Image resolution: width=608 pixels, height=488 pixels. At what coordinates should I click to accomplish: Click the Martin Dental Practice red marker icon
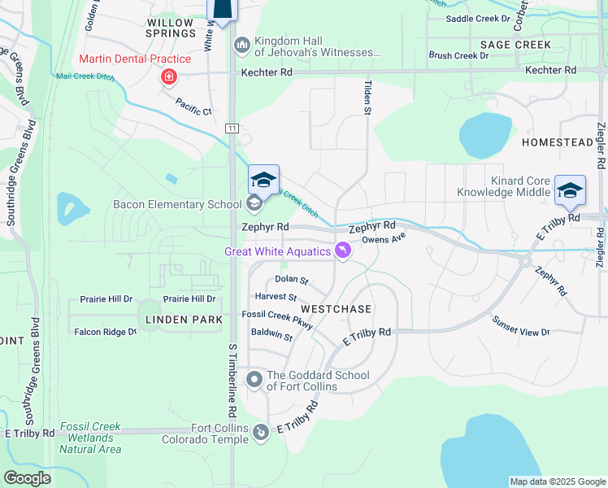tap(168, 76)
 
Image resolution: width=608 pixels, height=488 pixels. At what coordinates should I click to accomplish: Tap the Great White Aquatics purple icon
tap(343, 251)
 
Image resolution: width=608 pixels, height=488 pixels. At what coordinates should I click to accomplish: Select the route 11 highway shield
tap(232, 129)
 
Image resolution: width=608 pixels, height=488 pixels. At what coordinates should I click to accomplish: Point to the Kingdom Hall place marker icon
tap(241, 44)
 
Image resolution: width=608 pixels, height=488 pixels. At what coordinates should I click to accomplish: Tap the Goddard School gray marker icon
tap(254, 378)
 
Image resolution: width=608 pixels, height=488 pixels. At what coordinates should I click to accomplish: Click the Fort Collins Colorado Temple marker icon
tap(260, 432)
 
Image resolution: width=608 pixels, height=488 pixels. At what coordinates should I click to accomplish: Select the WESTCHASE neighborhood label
tap(336, 310)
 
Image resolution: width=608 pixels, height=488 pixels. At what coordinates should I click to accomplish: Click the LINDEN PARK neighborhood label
tap(184, 320)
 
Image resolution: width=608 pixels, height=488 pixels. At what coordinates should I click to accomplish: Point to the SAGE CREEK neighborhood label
tap(515, 45)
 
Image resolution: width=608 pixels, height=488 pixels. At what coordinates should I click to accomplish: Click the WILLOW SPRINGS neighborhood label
tap(171, 27)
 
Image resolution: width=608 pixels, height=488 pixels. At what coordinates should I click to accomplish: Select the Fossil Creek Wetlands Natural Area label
tap(89, 438)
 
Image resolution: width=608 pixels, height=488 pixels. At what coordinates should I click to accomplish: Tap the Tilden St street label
tap(367, 97)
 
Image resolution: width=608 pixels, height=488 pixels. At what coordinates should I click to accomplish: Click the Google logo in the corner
tap(27, 477)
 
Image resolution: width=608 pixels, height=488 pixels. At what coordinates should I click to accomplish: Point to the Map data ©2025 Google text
tap(557, 481)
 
